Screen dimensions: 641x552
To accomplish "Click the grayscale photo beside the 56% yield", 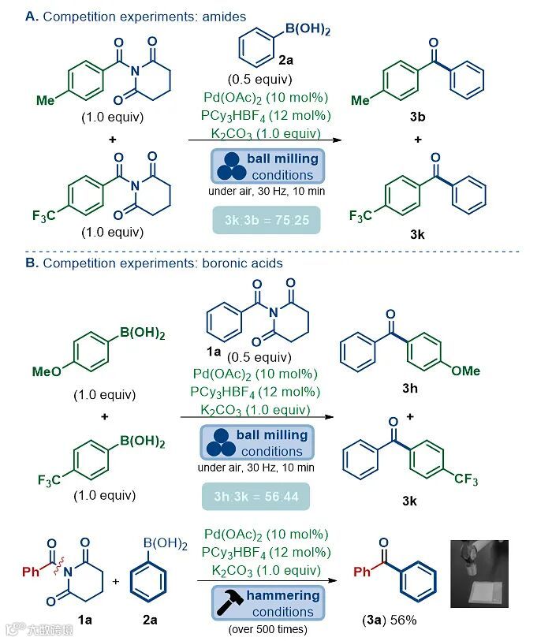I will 479,573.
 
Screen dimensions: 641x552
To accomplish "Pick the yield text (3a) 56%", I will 385,620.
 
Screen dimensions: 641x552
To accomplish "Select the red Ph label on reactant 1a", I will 32,571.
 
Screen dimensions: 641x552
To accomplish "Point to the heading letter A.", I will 30,17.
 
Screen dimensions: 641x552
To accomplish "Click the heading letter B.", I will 30,263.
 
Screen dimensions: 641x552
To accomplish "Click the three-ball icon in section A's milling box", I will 229,167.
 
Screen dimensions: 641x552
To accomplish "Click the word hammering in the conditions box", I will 282,595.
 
